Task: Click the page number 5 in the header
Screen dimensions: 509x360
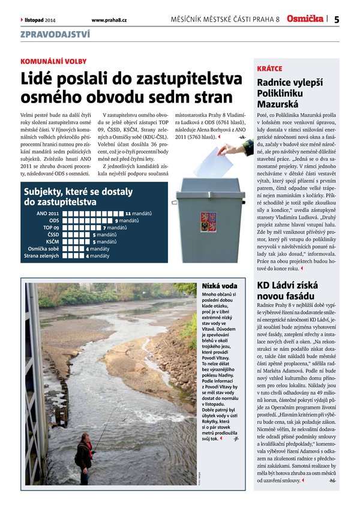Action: (x=337, y=19)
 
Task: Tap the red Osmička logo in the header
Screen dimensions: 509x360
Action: (x=304, y=19)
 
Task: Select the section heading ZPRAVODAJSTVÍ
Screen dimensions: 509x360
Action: (x=55, y=34)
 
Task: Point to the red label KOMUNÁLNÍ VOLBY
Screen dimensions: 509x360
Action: (x=53, y=61)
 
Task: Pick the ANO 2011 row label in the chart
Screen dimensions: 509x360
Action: (x=47, y=213)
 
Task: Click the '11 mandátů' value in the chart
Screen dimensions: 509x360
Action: (x=139, y=213)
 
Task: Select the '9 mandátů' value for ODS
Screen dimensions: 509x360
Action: (x=127, y=221)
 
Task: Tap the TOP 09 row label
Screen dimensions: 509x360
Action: (x=51, y=228)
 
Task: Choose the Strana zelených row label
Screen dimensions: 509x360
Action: (x=41, y=256)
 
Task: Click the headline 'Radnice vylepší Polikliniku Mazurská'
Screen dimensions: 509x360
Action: (x=289, y=93)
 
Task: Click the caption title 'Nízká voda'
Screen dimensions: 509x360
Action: (x=215, y=286)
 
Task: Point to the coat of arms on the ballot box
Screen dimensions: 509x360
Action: (x=208, y=219)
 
